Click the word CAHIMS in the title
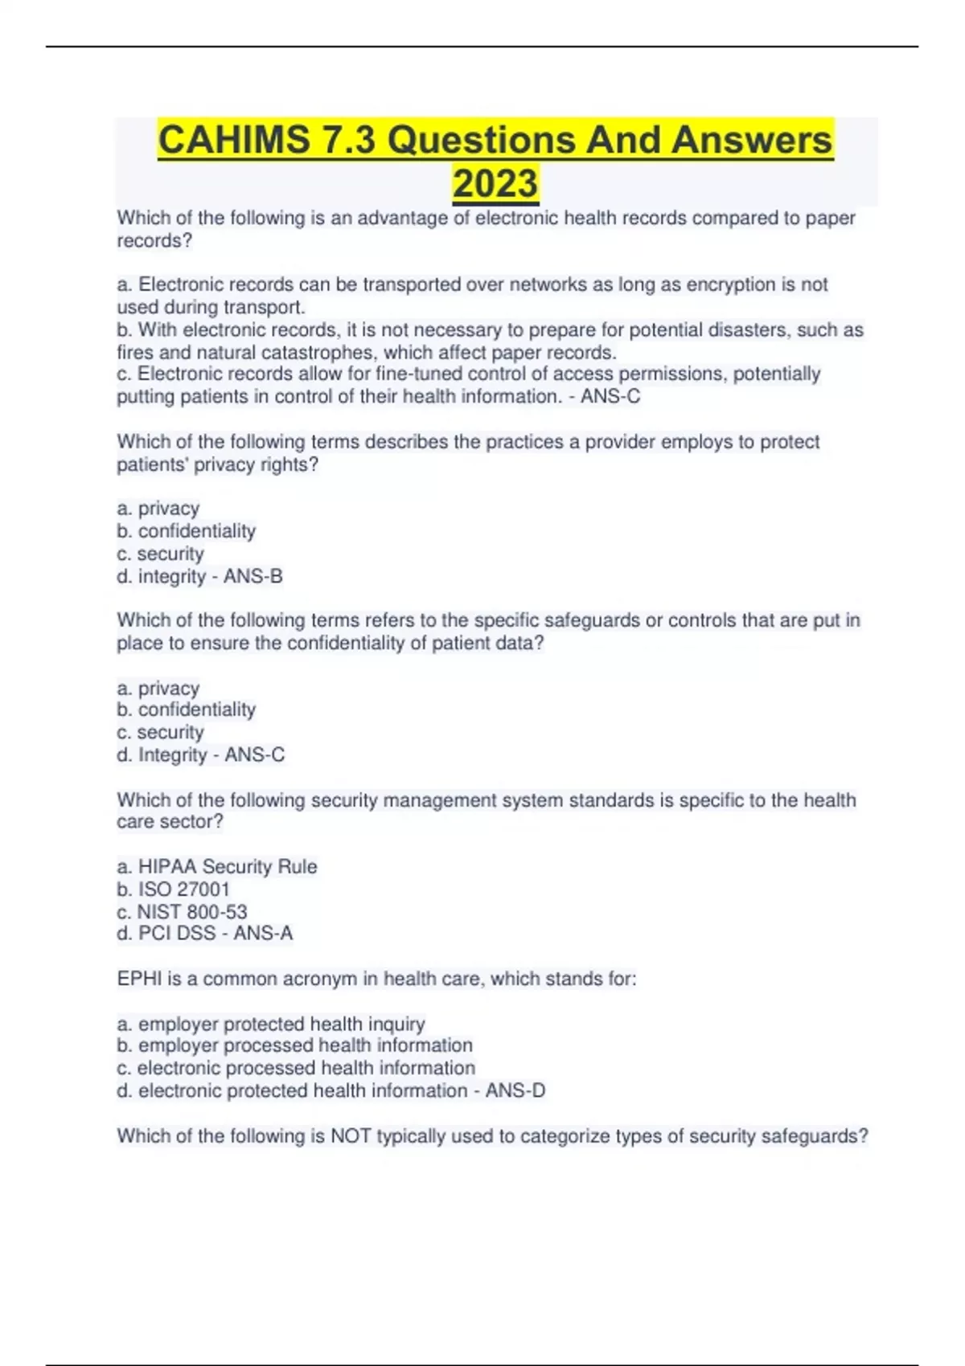(x=234, y=140)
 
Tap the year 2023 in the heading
(x=495, y=183)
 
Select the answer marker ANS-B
(x=253, y=576)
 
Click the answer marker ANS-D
(x=515, y=1090)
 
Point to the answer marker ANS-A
(x=264, y=933)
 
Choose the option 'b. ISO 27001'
(x=174, y=889)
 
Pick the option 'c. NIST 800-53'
(x=183, y=911)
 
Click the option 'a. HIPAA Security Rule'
(x=217, y=866)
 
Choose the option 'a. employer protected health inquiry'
(x=271, y=1024)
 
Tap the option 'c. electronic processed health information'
(x=296, y=1068)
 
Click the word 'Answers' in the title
(x=752, y=140)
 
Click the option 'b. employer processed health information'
(x=295, y=1045)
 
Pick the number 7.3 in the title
(x=347, y=140)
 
